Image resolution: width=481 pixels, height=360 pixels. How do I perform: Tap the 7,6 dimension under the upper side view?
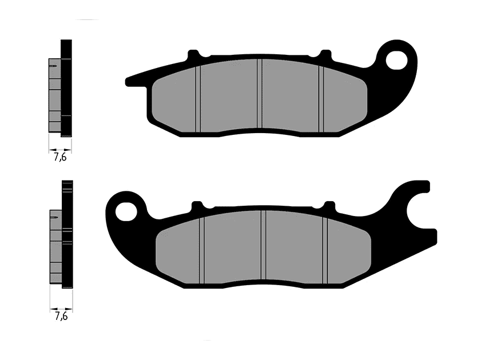(x=60, y=157)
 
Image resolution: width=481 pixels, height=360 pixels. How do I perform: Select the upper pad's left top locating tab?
(x=193, y=55)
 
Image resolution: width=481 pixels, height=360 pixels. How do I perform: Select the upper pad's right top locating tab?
(x=325, y=55)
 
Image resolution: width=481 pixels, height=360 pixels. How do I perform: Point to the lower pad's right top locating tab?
(x=329, y=205)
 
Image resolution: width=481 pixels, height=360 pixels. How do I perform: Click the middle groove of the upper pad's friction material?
(x=259, y=94)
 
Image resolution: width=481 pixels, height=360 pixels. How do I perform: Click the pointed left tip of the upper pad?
(x=129, y=80)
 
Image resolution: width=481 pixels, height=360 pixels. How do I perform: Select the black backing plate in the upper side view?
(x=66, y=89)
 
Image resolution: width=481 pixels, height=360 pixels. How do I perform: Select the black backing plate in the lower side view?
(x=67, y=234)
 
